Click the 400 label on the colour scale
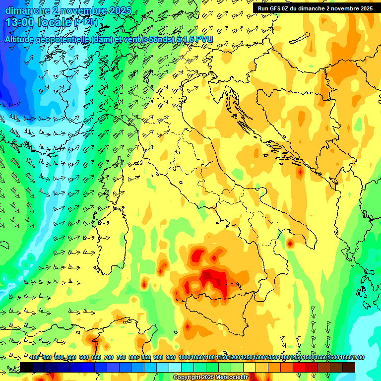pos(34,357)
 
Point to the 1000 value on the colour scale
pos(185,357)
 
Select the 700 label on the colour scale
pos(109,357)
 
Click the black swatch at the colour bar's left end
pos(26,367)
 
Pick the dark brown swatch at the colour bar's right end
pos(349,367)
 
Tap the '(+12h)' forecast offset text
pos(86,22)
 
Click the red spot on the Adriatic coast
pos(300,173)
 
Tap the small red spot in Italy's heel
pos(290,244)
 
